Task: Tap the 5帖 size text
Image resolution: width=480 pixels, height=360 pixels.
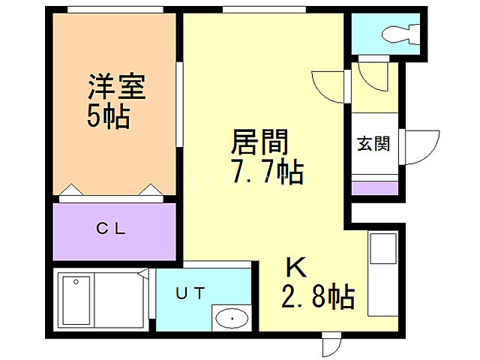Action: coord(107,116)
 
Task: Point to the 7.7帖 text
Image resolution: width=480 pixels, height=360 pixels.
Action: coord(267,172)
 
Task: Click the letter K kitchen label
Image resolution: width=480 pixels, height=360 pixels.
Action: coord(294,268)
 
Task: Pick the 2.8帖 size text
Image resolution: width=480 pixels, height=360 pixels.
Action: coord(318,299)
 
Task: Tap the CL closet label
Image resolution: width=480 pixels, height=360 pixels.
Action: coord(114,229)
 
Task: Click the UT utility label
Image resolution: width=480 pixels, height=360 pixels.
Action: coord(190,293)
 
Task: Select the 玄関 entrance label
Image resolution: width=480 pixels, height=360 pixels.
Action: coord(372,143)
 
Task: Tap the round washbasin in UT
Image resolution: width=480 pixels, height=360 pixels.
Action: coord(230,319)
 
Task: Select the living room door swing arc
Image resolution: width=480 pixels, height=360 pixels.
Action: coord(328,86)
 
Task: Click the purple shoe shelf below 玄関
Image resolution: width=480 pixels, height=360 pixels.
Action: coord(373,187)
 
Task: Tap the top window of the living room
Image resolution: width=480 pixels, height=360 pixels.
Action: coord(263,9)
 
